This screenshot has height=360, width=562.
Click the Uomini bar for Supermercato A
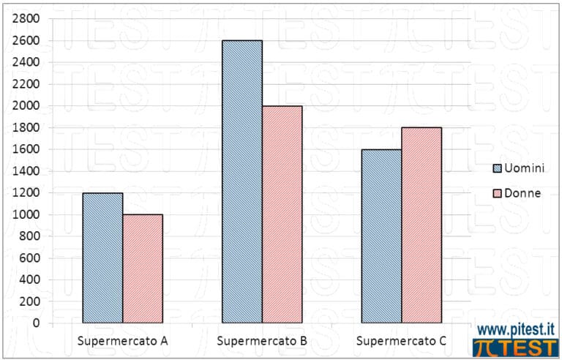(102, 258)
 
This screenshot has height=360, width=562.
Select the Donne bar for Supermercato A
(143, 269)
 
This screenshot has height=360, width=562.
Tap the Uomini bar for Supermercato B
(242, 181)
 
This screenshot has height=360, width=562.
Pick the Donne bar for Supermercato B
(282, 214)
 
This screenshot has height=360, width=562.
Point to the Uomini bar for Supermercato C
(382, 236)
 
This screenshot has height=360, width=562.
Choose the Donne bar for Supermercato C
(421, 225)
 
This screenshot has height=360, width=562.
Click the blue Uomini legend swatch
(497, 168)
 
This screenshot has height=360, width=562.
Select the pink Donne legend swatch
(497, 193)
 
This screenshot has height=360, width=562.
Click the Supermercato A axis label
(123, 342)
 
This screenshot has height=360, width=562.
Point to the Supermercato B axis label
(263, 342)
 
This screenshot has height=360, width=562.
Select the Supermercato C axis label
(402, 342)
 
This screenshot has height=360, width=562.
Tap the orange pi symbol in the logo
(484, 348)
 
